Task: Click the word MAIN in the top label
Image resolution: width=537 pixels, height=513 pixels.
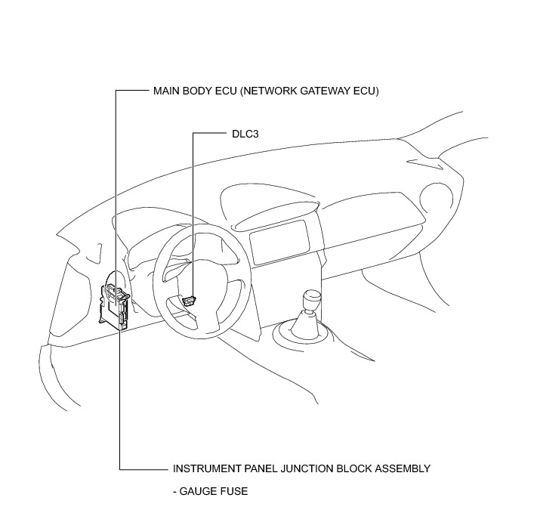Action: click(166, 91)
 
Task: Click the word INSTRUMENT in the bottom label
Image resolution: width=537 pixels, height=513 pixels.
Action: click(203, 468)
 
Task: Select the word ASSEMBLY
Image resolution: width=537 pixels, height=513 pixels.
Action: click(403, 468)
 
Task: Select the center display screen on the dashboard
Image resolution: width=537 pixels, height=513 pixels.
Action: click(279, 241)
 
